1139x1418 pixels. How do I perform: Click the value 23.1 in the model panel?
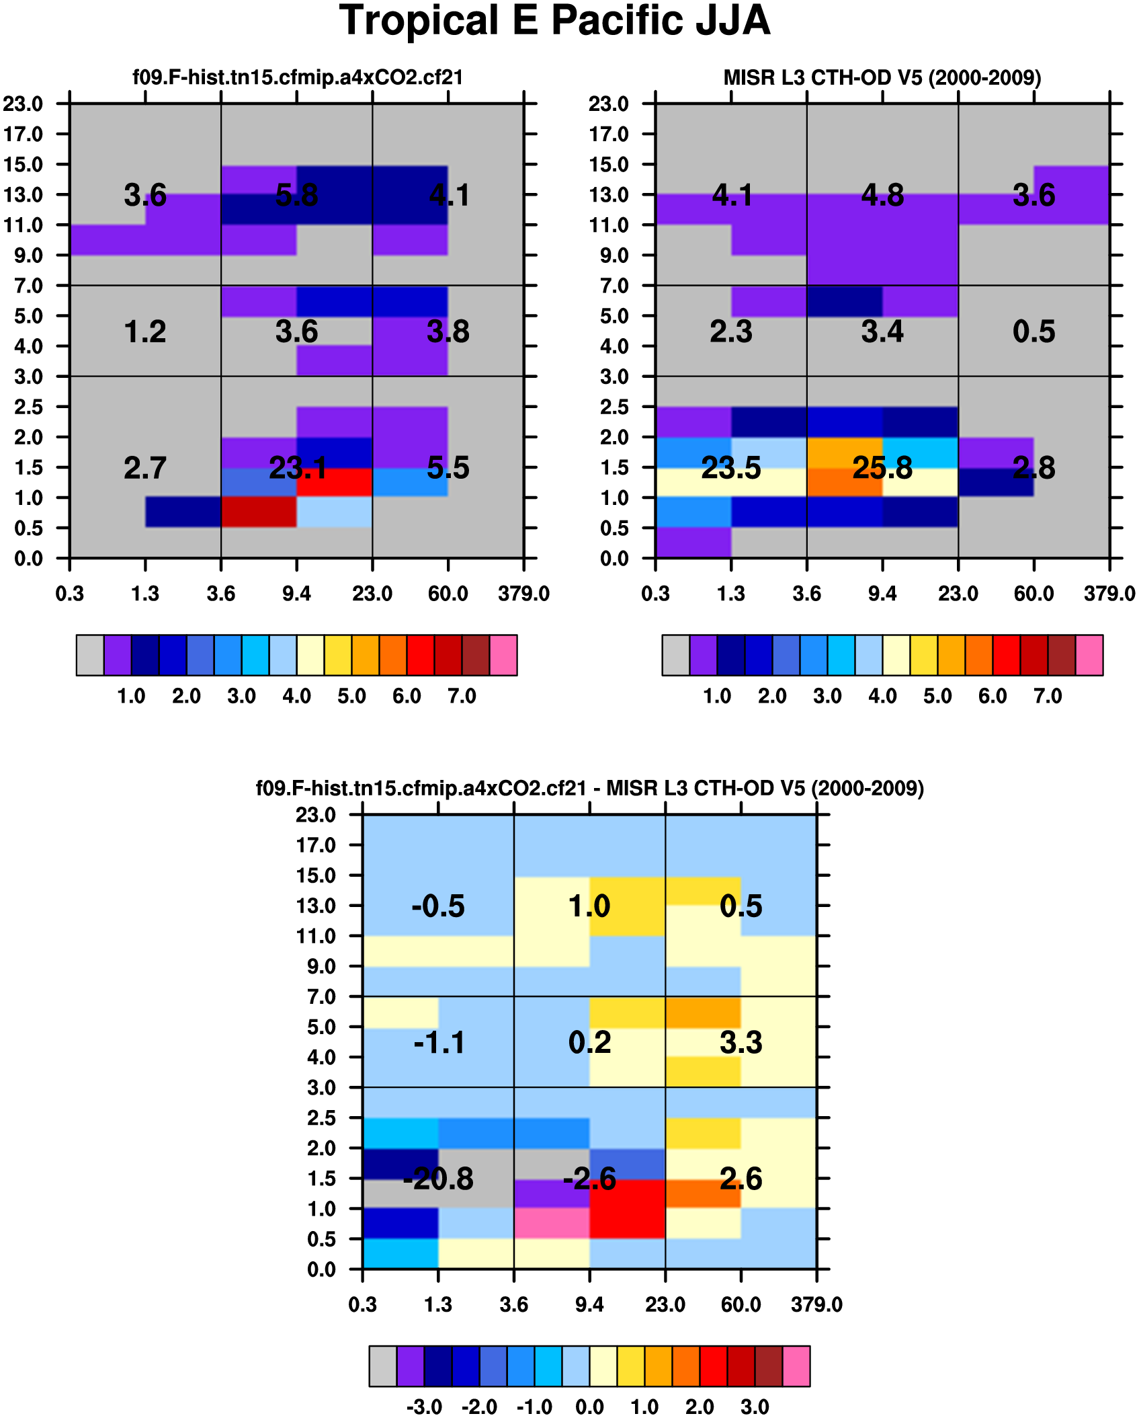(298, 468)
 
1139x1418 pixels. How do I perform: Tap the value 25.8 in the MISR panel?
(882, 468)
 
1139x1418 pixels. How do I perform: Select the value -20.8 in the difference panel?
(438, 1179)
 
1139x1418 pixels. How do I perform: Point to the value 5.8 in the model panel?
(296, 196)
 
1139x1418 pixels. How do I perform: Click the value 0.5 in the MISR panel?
(1033, 331)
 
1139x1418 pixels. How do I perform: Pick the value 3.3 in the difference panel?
(741, 1042)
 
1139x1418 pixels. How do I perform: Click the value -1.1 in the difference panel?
(439, 1042)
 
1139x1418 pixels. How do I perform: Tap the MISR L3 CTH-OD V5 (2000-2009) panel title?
(882, 78)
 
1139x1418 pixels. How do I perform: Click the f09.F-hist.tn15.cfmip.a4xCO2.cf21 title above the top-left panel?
(298, 78)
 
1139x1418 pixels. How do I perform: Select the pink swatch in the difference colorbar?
(796, 1366)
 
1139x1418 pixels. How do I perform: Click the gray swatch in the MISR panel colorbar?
(675, 655)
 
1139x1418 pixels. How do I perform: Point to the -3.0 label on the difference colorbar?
(424, 1407)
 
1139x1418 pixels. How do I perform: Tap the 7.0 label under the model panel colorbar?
(462, 696)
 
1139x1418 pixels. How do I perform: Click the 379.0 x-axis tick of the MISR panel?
(1109, 594)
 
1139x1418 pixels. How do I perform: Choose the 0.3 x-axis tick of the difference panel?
(363, 1304)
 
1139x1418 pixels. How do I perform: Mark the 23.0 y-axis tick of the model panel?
(24, 104)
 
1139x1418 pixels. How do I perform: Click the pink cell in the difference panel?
(552, 1223)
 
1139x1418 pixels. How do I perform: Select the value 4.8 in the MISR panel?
(882, 196)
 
